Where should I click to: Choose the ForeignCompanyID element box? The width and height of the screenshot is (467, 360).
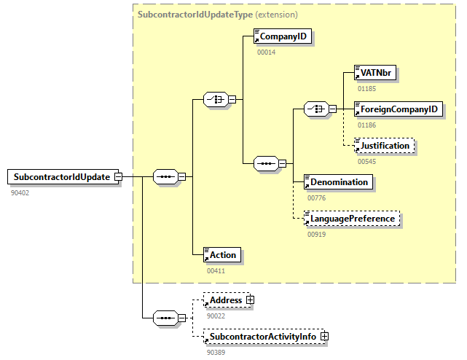click(x=398, y=109)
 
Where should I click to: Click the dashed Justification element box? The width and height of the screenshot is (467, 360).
click(x=383, y=145)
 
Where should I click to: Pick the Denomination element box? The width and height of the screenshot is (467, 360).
click(x=338, y=181)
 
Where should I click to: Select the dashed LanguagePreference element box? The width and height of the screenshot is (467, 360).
click(x=352, y=218)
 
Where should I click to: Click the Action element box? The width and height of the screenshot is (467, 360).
click(x=221, y=254)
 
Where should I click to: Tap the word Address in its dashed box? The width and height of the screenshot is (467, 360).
click(x=226, y=300)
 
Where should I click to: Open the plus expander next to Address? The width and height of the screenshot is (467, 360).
click(x=250, y=300)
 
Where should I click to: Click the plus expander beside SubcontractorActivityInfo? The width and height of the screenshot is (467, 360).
click(x=324, y=336)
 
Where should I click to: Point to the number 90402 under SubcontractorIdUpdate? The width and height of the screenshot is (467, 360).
click(x=20, y=192)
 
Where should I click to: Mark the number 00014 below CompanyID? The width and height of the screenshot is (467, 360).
click(x=267, y=52)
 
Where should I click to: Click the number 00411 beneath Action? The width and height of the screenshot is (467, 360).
click(x=216, y=270)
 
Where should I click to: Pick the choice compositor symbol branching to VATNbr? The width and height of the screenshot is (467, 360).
click(x=315, y=109)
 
